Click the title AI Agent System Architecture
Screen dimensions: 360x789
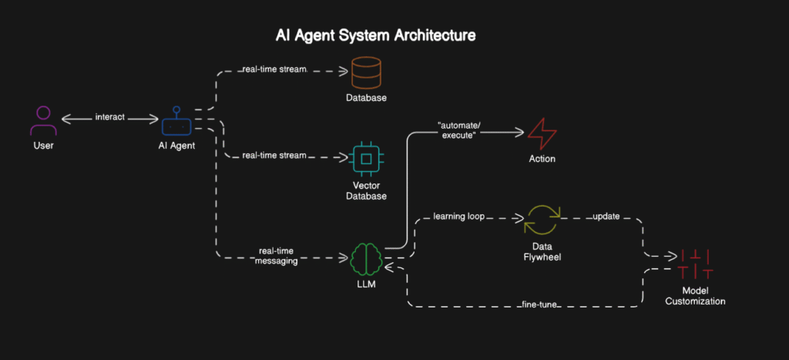tap(376, 36)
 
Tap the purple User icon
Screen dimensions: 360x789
tap(43, 121)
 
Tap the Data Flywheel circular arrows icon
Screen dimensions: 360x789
tap(542, 219)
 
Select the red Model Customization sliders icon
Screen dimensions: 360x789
tap(695, 264)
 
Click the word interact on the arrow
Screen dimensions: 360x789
tap(110, 118)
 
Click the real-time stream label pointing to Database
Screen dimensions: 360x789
tap(274, 70)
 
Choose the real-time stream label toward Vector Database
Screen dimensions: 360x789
tap(274, 156)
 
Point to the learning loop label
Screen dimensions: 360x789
tap(458, 217)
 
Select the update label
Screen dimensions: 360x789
tap(606, 217)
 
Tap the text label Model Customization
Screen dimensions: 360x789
tap(695, 295)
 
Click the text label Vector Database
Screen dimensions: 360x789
tap(366, 190)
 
